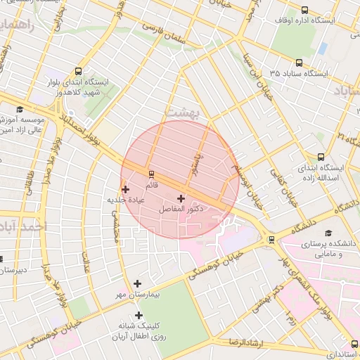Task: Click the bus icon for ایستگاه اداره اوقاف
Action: click(304, 10)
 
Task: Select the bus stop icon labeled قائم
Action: click(150, 174)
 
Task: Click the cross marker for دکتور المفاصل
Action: click(181, 199)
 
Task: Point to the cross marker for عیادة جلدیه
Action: click(125, 188)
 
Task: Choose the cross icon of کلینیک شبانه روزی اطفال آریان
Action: click(138, 315)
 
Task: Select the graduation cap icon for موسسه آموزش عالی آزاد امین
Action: click(20, 109)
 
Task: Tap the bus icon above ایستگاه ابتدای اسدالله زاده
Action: click(321, 157)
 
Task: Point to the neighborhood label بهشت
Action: click(181, 111)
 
